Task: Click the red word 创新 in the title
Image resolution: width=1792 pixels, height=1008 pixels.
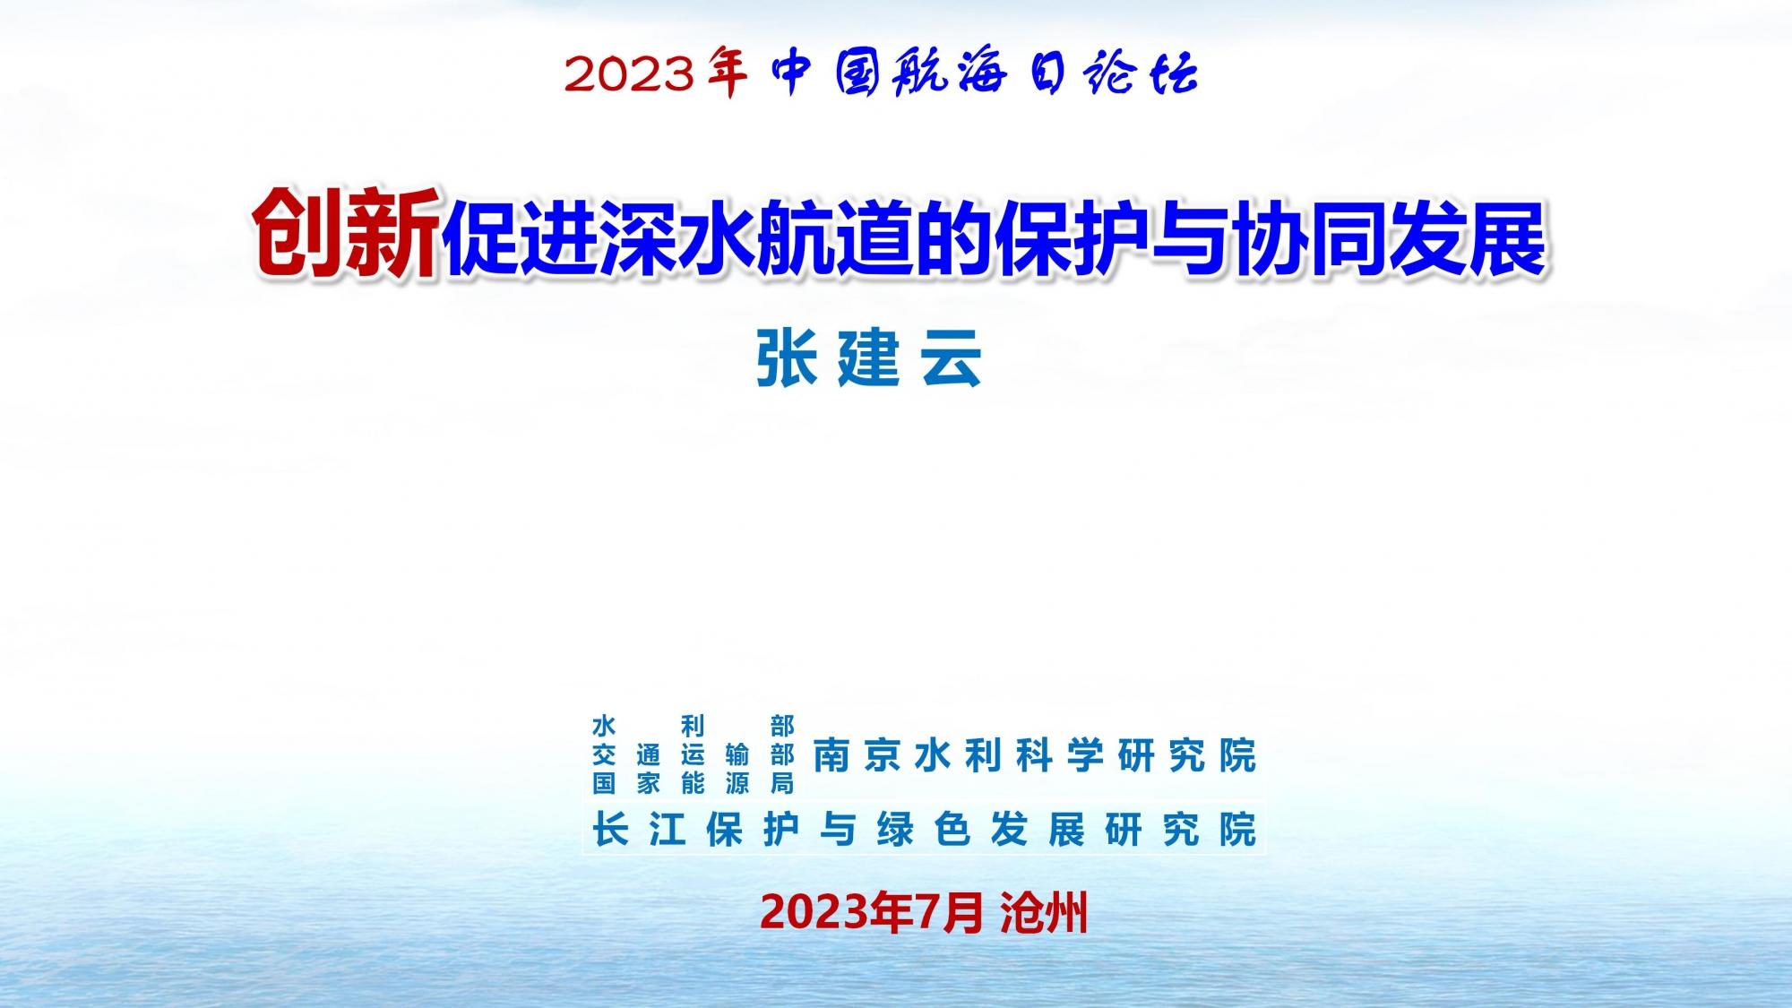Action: point(348,235)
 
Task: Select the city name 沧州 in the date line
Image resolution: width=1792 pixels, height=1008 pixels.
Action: point(1044,913)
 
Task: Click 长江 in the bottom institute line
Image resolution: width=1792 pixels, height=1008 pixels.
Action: point(639,830)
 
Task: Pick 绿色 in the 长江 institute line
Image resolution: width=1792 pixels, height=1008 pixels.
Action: point(924,830)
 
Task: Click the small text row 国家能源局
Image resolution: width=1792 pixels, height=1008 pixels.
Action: point(694,784)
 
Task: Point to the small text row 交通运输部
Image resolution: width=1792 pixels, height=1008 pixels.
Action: point(694,755)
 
